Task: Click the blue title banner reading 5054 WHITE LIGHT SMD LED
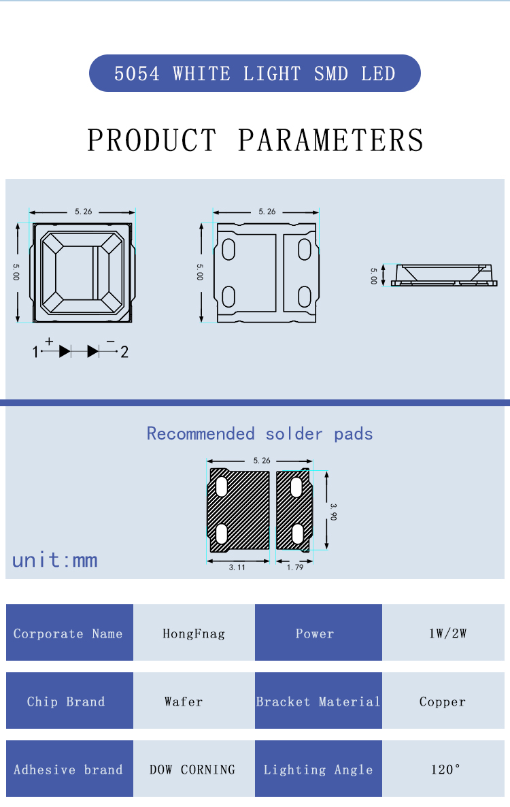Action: click(x=255, y=73)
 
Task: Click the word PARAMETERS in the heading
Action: click(x=330, y=140)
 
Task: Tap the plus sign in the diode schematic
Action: click(x=49, y=341)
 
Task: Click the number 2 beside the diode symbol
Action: click(x=124, y=352)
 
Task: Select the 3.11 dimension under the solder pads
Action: click(x=237, y=567)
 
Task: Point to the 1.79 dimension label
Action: click(x=295, y=567)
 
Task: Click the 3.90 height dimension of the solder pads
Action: click(x=333, y=512)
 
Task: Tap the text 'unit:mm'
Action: click(x=55, y=559)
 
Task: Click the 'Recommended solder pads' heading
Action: click(x=260, y=433)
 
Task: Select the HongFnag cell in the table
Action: click(x=194, y=633)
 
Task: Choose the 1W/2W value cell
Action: click(x=443, y=633)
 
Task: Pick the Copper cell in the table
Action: click(x=443, y=701)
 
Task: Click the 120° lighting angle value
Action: click(x=443, y=769)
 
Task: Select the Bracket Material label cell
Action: click(x=318, y=701)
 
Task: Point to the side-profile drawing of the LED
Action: click(x=444, y=276)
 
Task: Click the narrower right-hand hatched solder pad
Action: click(x=294, y=510)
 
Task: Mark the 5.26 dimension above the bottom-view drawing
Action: click(x=267, y=212)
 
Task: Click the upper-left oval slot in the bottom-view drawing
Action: click(x=228, y=250)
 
